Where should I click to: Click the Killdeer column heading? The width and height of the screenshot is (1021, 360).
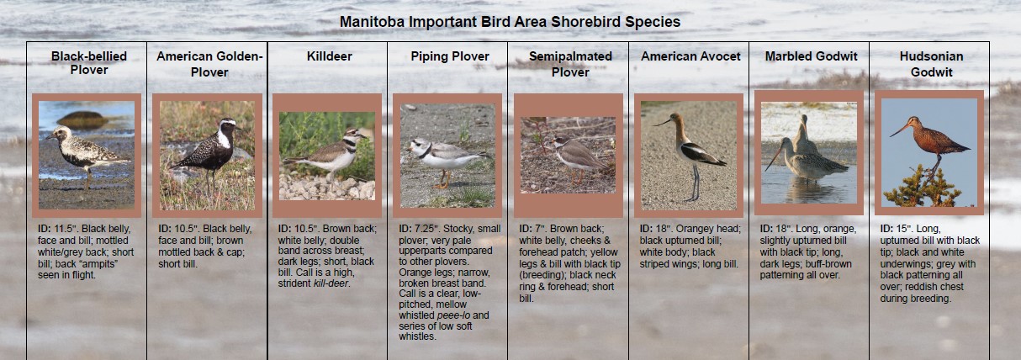329,56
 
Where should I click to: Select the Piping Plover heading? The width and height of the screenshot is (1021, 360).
449,56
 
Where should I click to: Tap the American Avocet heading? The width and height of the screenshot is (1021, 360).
690,56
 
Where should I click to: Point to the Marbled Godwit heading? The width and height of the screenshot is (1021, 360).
811,56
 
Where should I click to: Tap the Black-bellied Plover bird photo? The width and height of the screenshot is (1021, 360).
87,155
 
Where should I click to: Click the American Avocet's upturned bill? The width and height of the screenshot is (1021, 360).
661,122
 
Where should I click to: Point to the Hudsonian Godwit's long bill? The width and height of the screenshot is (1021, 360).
899,130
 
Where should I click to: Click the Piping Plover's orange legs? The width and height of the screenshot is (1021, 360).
442,179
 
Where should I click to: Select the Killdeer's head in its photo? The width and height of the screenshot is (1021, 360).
354,135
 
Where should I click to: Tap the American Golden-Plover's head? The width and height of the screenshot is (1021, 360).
228,124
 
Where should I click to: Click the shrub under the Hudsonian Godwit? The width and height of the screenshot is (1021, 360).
923,188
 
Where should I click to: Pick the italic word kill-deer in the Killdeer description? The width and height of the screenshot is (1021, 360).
331,283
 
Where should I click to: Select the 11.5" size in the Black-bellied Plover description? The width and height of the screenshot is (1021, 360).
66,229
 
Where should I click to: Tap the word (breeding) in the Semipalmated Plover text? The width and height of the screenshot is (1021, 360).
540,275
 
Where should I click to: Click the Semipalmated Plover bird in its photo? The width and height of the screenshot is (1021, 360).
577,157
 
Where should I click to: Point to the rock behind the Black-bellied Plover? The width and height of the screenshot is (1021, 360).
82,119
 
